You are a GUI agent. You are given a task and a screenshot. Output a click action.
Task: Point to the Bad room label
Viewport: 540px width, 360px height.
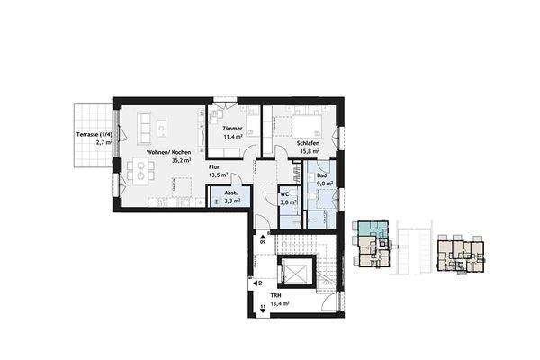(320, 175)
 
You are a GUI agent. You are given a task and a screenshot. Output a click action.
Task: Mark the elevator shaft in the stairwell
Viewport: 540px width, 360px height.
(294, 271)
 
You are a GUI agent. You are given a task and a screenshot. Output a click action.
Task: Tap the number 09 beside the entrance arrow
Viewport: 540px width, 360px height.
(263, 241)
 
